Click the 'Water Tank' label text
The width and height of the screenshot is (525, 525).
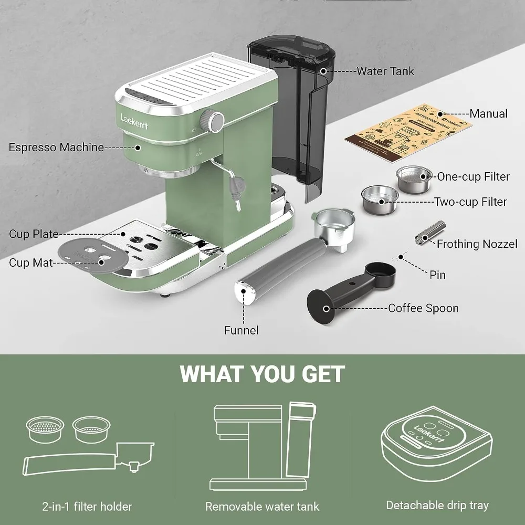(x=385, y=71)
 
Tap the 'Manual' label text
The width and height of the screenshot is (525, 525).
(x=488, y=113)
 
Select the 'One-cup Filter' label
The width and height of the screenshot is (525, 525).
(x=473, y=177)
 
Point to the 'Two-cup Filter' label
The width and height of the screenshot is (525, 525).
(x=470, y=202)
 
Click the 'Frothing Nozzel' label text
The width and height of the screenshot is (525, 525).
(x=477, y=244)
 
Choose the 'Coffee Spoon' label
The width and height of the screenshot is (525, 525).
(x=423, y=308)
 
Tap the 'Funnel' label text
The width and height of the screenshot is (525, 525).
(x=241, y=330)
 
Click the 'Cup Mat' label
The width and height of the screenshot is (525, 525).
(x=31, y=262)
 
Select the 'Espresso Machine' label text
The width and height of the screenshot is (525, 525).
(x=56, y=147)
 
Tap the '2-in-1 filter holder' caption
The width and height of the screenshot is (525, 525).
(x=87, y=507)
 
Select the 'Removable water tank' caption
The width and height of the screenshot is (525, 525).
(x=262, y=507)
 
